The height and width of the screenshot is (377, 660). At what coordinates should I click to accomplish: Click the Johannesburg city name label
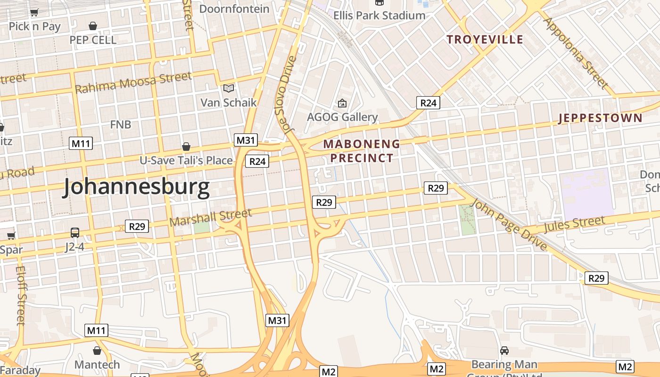click(137, 187)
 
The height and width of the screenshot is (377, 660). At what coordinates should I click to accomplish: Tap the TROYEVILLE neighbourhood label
click(485, 40)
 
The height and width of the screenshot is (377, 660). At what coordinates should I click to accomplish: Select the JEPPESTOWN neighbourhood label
click(600, 118)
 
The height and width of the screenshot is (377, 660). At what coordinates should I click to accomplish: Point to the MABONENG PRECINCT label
click(362, 151)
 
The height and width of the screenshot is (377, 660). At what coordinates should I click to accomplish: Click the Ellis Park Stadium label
click(379, 15)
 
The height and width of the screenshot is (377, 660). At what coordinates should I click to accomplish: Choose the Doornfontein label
click(234, 9)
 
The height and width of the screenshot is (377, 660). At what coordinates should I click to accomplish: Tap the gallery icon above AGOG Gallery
click(342, 103)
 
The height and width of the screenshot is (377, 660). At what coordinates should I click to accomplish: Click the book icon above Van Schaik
click(229, 88)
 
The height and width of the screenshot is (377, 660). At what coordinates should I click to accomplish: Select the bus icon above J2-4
click(75, 232)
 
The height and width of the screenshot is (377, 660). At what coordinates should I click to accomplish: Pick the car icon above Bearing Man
click(504, 351)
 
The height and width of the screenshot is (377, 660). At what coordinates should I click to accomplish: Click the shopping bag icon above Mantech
click(97, 351)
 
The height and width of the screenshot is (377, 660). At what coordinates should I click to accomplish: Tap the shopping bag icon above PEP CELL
click(93, 25)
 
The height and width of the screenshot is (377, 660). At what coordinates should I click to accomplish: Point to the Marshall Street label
click(210, 217)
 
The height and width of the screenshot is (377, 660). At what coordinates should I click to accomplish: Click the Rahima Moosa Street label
click(133, 82)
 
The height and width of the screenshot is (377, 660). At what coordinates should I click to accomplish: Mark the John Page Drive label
click(510, 225)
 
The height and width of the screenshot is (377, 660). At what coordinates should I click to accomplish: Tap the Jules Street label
click(574, 224)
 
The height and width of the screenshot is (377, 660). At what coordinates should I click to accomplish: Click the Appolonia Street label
click(577, 53)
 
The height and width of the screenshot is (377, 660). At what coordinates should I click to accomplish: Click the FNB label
click(120, 125)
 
